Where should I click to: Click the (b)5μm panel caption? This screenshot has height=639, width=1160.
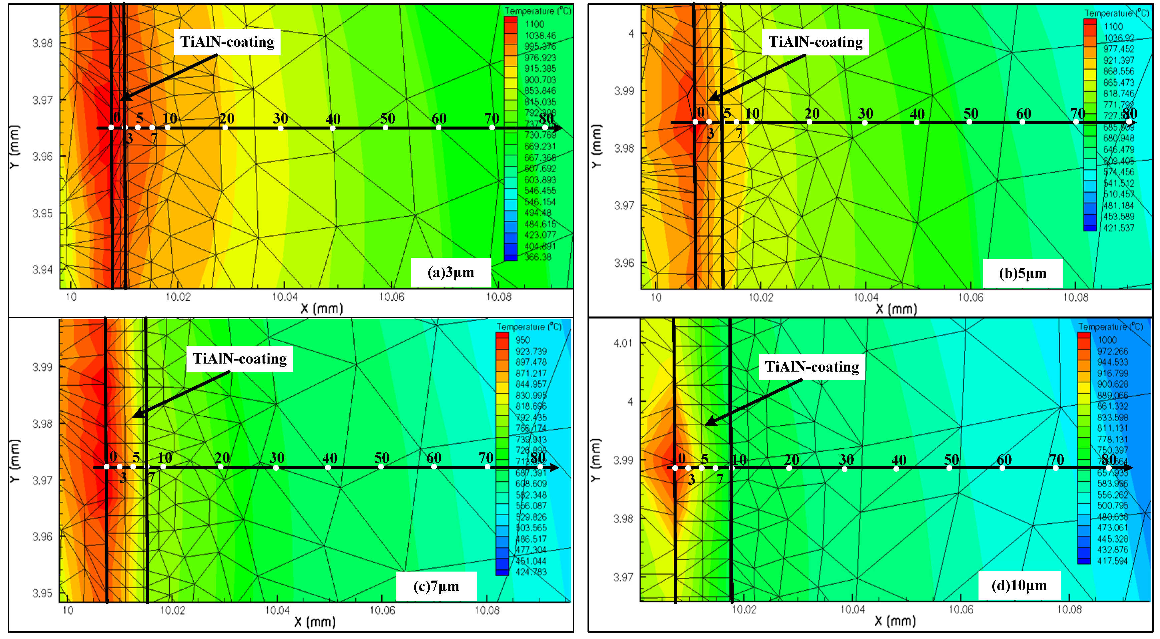tap(1022, 273)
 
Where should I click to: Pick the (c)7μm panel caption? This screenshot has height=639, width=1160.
tap(436, 586)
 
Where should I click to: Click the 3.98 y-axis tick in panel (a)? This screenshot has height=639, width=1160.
tap(42, 43)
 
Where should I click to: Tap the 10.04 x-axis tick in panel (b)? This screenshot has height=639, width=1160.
tap(865, 297)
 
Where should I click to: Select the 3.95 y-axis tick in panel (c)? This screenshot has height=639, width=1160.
tap(42, 593)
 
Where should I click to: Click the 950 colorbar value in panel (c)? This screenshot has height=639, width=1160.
tap(522, 340)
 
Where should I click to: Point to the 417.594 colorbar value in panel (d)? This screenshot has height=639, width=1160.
tap(1112, 561)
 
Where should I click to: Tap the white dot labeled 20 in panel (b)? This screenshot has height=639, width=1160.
tap(809, 122)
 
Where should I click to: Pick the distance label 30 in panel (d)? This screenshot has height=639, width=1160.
tap(846, 460)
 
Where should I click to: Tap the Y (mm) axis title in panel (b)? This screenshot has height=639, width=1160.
tap(596, 147)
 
